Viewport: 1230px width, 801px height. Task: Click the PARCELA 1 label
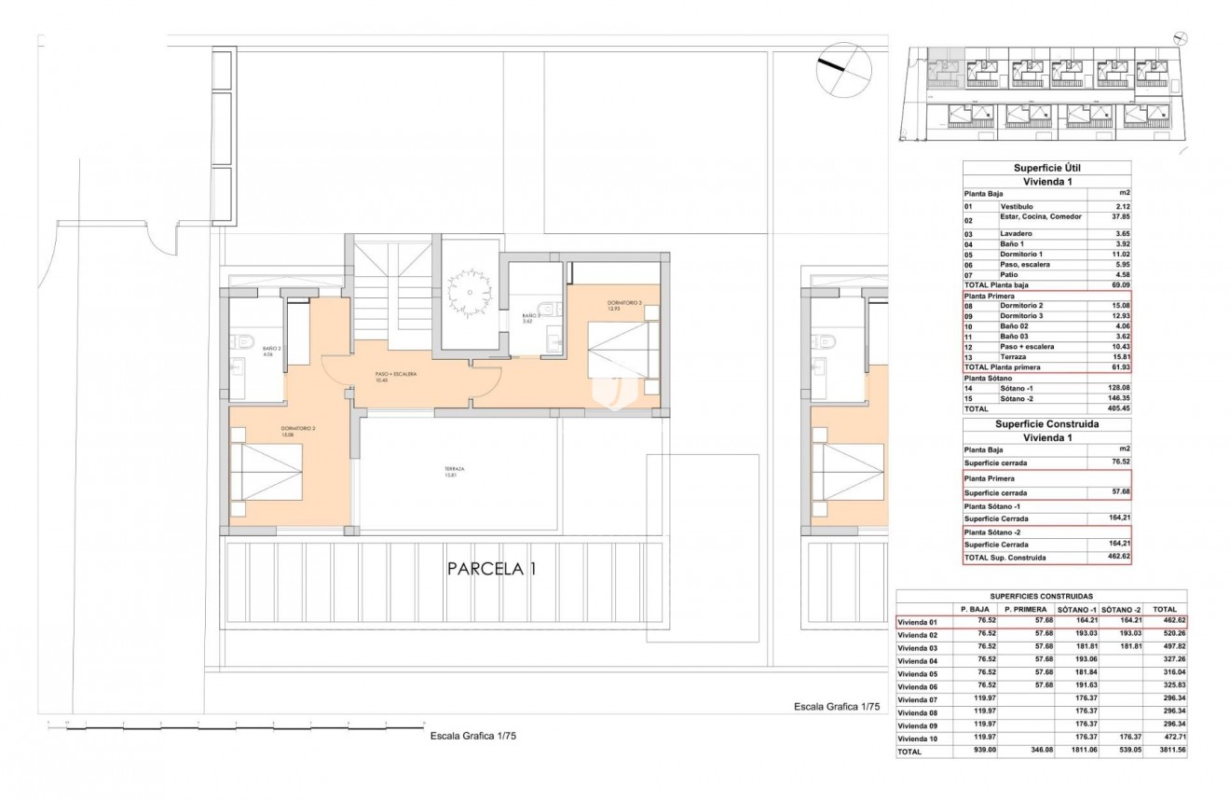coord(491,568)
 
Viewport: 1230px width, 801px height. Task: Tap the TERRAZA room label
coord(455,472)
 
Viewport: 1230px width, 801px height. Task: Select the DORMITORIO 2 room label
coord(299,431)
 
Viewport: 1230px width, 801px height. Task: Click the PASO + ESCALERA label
coord(395,376)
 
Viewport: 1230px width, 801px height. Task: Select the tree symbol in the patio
coord(468,290)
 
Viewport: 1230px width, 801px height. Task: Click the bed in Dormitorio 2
coord(268,473)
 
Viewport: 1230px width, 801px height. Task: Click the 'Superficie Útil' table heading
coord(1046,168)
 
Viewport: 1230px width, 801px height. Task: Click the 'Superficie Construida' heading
coord(1047,423)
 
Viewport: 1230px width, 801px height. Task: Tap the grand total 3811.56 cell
coord(1168,751)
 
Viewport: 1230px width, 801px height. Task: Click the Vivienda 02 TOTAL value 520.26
coord(1168,634)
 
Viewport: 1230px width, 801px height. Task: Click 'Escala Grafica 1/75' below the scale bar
coord(473,736)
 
